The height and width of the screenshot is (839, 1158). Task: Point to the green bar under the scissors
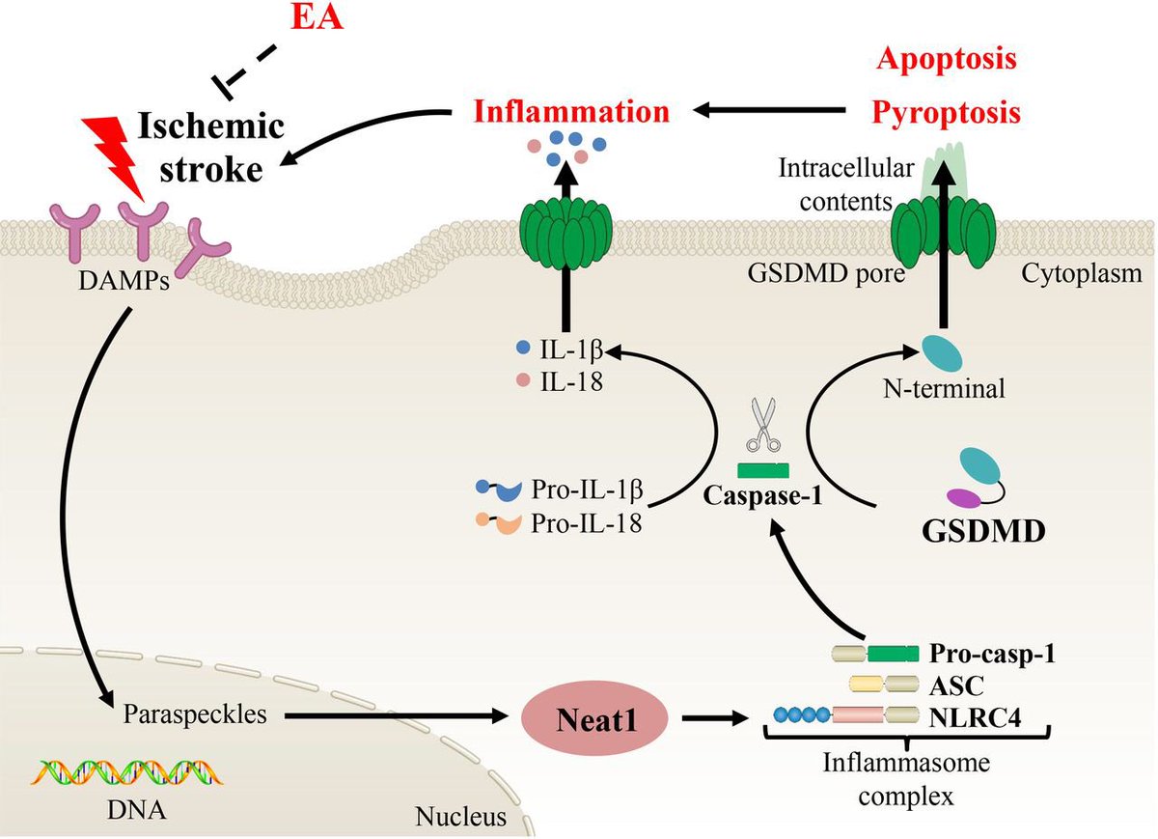tap(762, 471)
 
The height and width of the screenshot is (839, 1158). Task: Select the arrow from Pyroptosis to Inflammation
tap(772, 112)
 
